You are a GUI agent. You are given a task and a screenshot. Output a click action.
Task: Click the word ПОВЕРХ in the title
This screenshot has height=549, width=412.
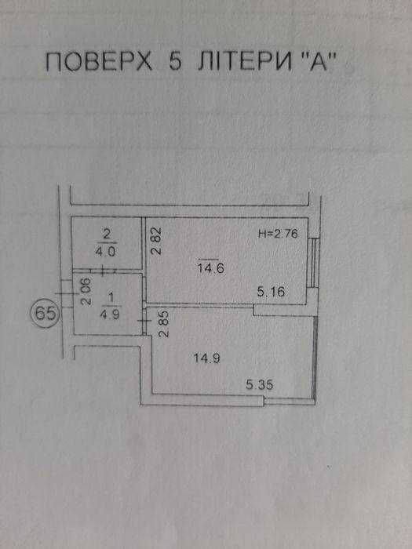[99, 63]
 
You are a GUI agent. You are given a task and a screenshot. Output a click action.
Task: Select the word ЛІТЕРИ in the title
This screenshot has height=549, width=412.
[244, 63]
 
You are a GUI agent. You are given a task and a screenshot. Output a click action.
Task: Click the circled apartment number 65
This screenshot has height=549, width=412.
[46, 314]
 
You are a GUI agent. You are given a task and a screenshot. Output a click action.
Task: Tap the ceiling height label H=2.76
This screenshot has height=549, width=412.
[278, 234]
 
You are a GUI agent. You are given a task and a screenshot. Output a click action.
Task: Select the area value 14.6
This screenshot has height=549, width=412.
[210, 269]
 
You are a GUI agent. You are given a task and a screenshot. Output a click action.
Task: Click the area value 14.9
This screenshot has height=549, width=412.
[206, 358]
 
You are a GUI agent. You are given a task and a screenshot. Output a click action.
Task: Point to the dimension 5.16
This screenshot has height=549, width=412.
[271, 291]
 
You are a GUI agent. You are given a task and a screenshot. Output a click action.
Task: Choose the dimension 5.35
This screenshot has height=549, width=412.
[260, 385]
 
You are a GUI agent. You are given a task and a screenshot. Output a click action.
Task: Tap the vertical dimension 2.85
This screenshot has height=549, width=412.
[163, 323]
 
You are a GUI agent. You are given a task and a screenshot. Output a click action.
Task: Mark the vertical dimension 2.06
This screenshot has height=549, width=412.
[86, 291]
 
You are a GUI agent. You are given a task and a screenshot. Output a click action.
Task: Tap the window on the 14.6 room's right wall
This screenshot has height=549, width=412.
[315, 263]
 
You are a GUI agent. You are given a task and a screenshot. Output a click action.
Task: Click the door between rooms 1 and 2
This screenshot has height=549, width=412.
[102, 271]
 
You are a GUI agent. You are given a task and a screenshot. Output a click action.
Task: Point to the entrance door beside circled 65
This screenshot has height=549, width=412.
[67, 293]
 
